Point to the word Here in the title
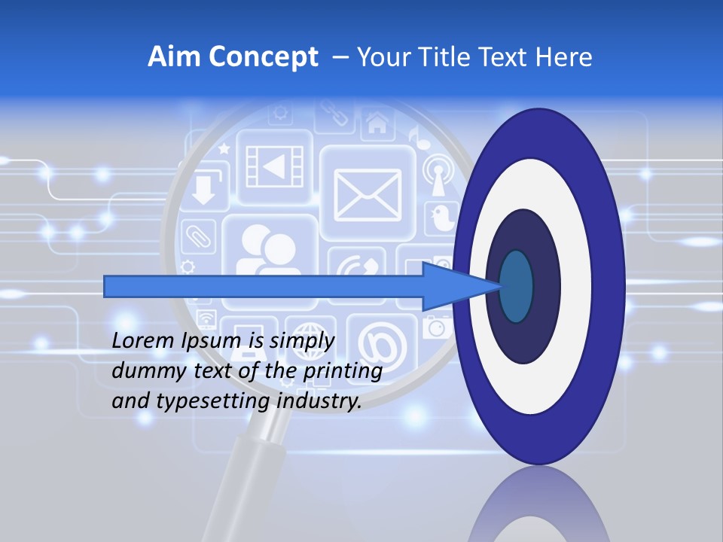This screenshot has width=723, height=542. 565,57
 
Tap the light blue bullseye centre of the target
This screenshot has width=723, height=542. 516,286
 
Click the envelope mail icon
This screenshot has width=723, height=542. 368,193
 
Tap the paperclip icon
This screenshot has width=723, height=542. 200,235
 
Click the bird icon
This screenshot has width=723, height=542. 441,218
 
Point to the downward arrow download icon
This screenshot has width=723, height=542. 203,188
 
